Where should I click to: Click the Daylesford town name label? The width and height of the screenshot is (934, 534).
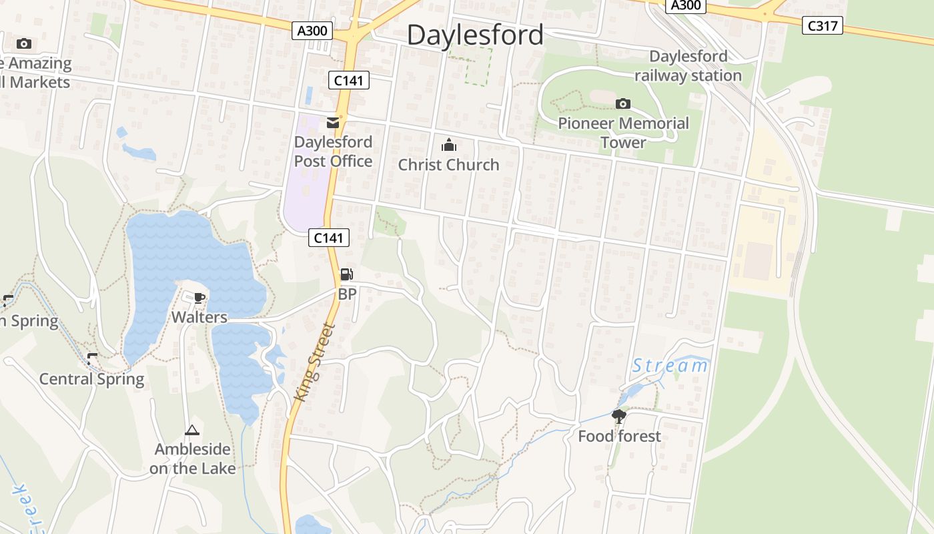click(x=475, y=35)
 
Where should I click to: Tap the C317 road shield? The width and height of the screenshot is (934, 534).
click(x=823, y=25)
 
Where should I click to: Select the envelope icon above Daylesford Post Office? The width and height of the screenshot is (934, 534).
click(x=333, y=123)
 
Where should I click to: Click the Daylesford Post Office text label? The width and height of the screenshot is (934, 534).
click(x=333, y=152)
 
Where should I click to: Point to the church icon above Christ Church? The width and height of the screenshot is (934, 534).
click(x=449, y=146)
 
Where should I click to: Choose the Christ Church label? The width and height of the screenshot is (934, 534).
click(x=448, y=165)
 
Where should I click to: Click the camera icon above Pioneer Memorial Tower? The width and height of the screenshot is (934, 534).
click(x=622, y=103)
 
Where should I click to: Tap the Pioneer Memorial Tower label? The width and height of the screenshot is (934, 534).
click(x=623, y=133)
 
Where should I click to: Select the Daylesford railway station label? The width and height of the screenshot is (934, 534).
click(x=688, y=65)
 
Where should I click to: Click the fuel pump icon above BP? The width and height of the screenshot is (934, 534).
click(x=346, y=274)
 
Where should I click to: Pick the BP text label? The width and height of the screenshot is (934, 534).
click(x=347, y=294)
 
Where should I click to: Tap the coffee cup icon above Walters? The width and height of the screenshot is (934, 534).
click(x=199, y=298)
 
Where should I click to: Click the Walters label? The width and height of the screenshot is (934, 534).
click(x=199, y=317)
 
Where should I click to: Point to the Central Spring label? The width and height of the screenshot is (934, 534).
click(x=91, y=379)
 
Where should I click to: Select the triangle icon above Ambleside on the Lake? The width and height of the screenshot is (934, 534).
click(x=192, y=430)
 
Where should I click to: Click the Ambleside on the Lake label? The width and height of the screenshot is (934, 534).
click(x=192, y=459)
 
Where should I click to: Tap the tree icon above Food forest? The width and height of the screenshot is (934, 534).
click(x=619, y=417)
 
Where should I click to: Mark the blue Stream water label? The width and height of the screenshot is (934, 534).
click(x=670, y=366)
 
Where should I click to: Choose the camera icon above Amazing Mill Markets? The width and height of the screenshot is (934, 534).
click(x=24, y=43)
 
